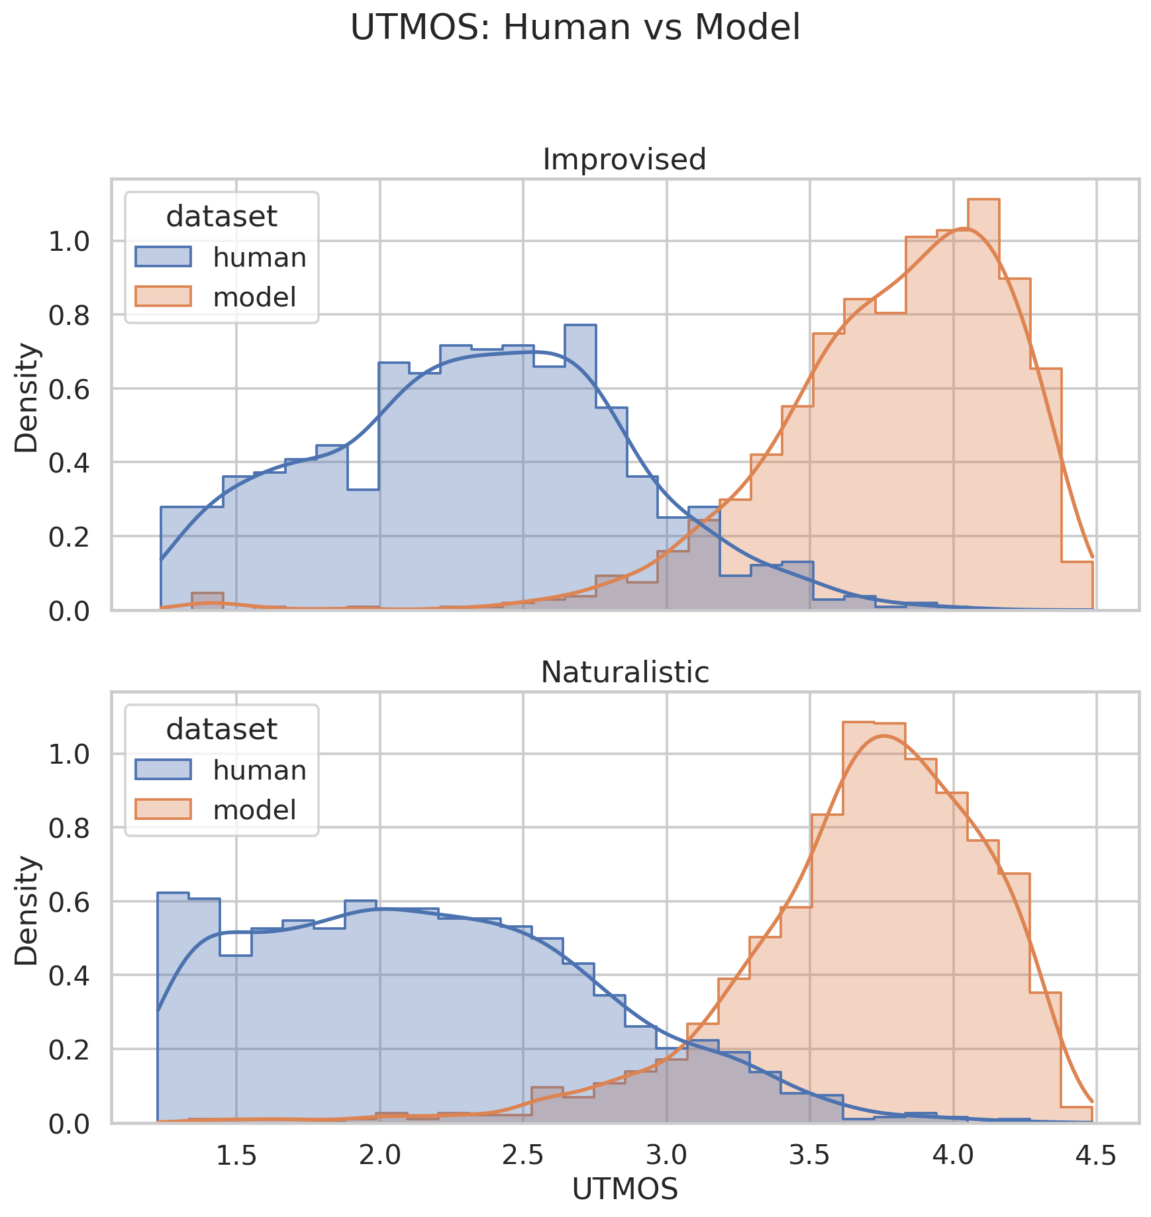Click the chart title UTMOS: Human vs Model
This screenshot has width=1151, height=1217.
click(575, 28)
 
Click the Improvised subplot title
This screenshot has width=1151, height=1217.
click(625, 159)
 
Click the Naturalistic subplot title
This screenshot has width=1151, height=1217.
click(625, 672)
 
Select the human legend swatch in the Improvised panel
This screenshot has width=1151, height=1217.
click(163, 257)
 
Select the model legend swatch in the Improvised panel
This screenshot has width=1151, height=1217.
click(163, 296)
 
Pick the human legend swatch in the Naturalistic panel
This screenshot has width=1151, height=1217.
click(163, 770)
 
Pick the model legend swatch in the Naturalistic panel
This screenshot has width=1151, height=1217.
click(163, 809)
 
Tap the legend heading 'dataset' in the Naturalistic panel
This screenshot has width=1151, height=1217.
click(221, 729)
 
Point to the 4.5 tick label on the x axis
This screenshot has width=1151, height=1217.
click(1096, 1155)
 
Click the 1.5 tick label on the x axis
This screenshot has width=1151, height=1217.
click(236, 1155)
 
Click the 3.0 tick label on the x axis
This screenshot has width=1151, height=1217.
click(666, 1155)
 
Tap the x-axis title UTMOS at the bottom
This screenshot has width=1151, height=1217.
click(625, 1190)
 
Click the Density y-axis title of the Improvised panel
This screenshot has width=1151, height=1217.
click(27, 396)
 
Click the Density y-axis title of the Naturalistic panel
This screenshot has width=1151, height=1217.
click(27, 910)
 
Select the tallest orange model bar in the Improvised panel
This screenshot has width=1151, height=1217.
click(983, 404)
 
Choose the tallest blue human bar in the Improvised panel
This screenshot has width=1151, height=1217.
click(580, 467)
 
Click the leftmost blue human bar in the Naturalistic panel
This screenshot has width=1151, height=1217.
click(173, 1007)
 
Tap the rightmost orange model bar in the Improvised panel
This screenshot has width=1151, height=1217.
click(1077, 586)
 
